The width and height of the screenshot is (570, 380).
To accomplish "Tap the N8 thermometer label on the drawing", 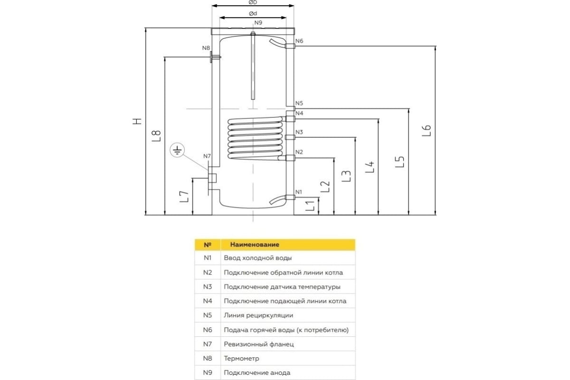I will pyautogui.click(x=206, y=48).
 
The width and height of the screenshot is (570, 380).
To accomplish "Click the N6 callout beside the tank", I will pyautogui.click(x=299, y=41).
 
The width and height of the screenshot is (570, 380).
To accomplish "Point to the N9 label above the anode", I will pyautogui.click(x=258, y=23).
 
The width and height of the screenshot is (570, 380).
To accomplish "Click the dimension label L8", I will pyautogui.click(x=158, y=136).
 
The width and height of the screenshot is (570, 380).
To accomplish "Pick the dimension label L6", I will pyautogui.click(x=427, y=131).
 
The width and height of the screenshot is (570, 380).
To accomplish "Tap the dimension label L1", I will pyautogui.click(x=310, y=206).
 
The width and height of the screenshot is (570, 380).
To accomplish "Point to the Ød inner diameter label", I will pyautogui.click(x=253, y=13).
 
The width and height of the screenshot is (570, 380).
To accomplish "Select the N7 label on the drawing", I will pyautogui.click(x=207, y=156).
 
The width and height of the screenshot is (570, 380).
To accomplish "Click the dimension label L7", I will pyautogui.click(x=185, y=196).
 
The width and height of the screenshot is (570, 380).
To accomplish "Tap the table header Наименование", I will pyautogui.click(x=255, y=245).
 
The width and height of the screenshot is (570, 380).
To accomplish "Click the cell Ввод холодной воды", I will pyautogui.click(x=257, y=258).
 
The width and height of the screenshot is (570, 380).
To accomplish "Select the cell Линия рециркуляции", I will pyautogui.click(x=258, y=315).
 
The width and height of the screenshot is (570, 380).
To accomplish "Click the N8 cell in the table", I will pyautogui.click(x=207, y=358).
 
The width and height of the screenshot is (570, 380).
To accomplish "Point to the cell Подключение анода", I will pyautogui.click(x=256, y=372).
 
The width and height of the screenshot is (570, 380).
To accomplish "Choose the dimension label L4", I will pyautogui.click(x=370, y=167).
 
